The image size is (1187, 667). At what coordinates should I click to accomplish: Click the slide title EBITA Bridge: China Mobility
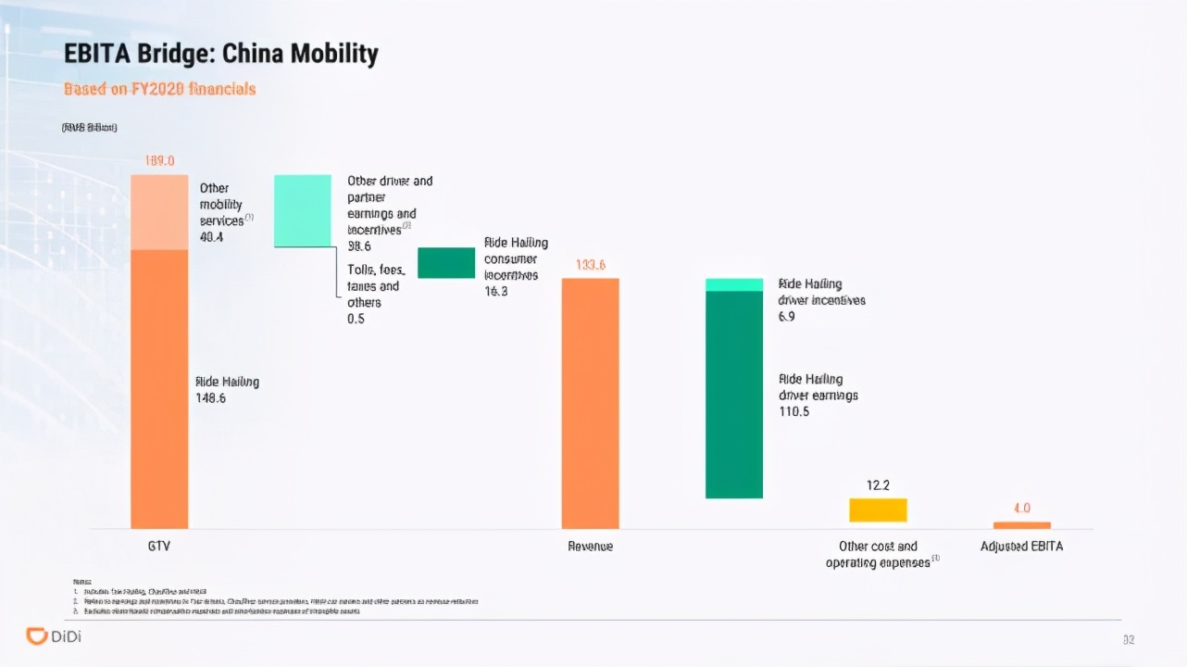220,54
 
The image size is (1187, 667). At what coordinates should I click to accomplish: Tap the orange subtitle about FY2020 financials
159,89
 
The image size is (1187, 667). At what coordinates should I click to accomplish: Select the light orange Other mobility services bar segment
159,212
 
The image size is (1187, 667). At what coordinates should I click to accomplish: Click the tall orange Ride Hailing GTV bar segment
159,389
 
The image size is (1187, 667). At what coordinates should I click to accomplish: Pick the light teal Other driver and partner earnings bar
303,210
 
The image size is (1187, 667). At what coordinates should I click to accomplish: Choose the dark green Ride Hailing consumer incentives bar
446,263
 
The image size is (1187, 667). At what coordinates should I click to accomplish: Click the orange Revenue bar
591,403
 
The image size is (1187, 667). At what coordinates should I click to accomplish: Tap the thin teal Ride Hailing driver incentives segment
734,284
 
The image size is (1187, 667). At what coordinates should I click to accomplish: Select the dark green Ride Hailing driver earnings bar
734,395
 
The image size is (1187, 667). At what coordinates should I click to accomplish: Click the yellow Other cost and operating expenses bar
878,510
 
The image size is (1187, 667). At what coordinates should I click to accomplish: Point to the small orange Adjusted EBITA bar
1021,525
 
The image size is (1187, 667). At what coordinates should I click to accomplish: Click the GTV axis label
159,547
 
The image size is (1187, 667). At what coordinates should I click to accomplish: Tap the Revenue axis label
591,547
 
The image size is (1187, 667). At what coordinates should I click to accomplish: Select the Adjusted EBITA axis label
1021,547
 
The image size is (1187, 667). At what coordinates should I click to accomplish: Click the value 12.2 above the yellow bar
878,485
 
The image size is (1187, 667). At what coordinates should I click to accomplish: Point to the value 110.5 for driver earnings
794,411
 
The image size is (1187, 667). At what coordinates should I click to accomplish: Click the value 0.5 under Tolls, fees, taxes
356,319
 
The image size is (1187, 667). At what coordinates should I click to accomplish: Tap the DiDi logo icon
37,636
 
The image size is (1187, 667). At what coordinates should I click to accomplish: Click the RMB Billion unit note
89,127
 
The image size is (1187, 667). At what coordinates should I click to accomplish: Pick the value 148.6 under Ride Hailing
211,398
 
